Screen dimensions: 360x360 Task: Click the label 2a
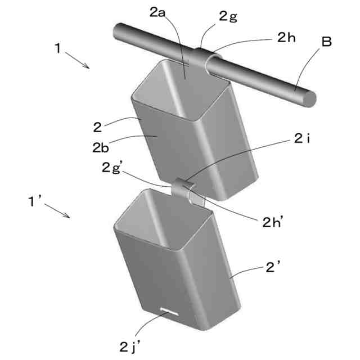click(157, 13)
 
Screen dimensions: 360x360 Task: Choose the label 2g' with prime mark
click(112, 168)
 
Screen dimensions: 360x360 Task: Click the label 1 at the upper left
click(58, 48)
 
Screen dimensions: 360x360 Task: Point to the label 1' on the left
click(35, 200)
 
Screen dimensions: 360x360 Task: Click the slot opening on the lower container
click(169, 310)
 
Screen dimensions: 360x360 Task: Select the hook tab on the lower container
click(183, 189)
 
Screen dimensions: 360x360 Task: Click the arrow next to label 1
click(78, 59)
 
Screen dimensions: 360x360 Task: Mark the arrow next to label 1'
click(57, 210)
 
